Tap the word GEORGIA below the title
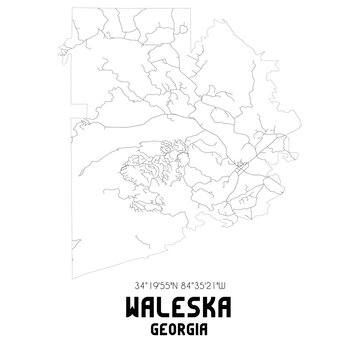(180, 324)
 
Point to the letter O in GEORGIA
(173, 324)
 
